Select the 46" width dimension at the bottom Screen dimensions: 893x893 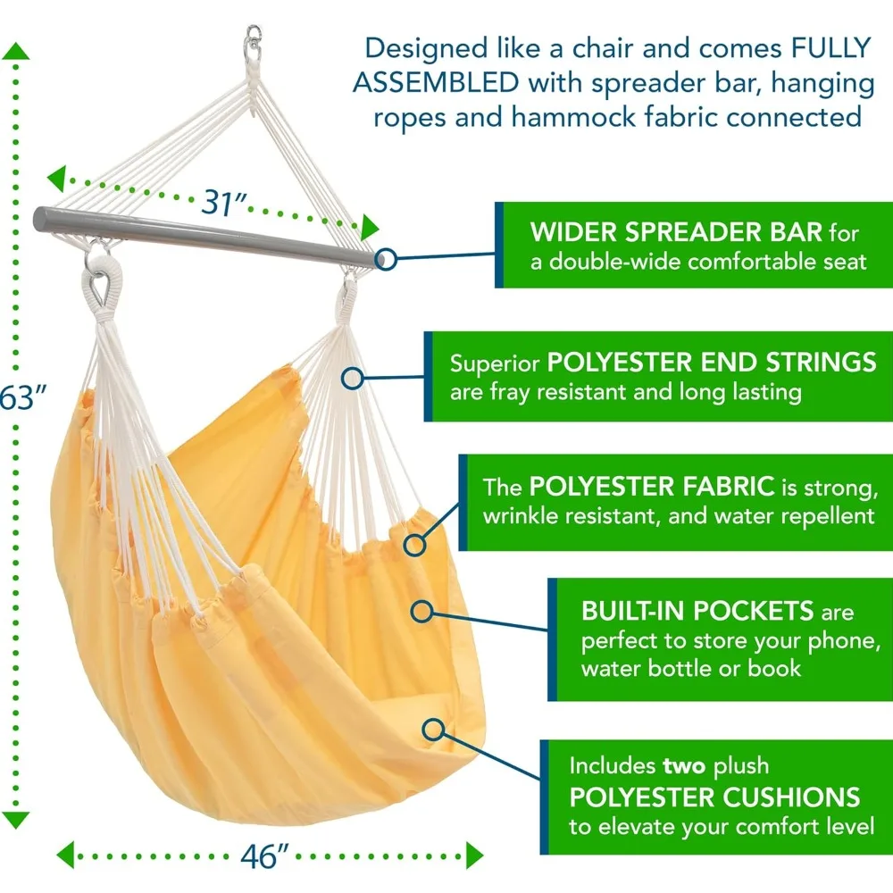(265, 855)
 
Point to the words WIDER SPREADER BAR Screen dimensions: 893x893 (676, 233)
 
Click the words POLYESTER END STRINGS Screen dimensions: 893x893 (712, 363)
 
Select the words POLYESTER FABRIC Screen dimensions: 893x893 (651, 488)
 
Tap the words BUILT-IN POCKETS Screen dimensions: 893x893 (697, 612)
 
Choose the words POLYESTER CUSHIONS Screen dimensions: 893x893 (715, 797)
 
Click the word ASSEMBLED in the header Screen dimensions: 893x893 (437, 82)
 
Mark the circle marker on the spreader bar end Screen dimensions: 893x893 (386, 258)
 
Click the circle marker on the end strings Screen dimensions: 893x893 (353, 378)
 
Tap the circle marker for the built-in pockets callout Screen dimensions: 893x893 (421, 611)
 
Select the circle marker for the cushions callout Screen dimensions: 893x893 (435, 729)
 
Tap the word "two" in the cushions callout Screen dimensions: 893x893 (686, 766)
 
